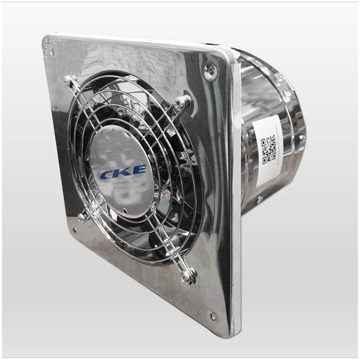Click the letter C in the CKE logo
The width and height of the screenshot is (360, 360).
click(108, 174)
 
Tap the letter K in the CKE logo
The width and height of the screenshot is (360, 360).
click(123, 172)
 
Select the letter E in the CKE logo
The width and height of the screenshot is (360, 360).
click(138, 170)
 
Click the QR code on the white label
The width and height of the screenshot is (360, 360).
click(268, 150)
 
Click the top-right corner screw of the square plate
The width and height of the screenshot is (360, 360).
click(209, 70)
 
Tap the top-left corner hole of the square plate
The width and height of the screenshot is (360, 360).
click(51, 51)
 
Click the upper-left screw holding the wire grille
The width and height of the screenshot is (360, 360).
click(68, 80)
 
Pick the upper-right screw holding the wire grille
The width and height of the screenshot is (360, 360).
click(184, 102)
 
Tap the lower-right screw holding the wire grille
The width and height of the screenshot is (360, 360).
click(189, 275)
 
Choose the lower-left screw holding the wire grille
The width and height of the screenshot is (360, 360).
click(82, 217)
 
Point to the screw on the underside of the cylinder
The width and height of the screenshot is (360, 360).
click(259, 200)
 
